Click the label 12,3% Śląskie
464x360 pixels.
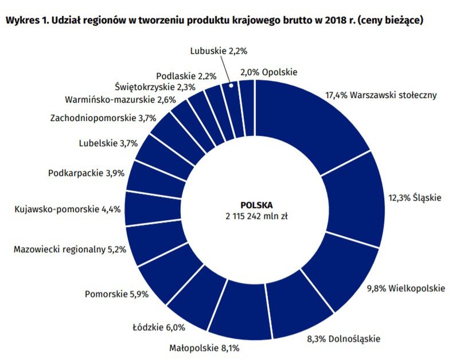[x=415, y=198]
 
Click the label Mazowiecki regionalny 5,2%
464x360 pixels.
[x=69, y=249]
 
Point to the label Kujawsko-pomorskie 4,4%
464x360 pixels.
[x=67, y=209]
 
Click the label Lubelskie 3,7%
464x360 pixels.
[x=108, y=143]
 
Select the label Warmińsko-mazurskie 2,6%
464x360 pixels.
[x=113, y=99]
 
